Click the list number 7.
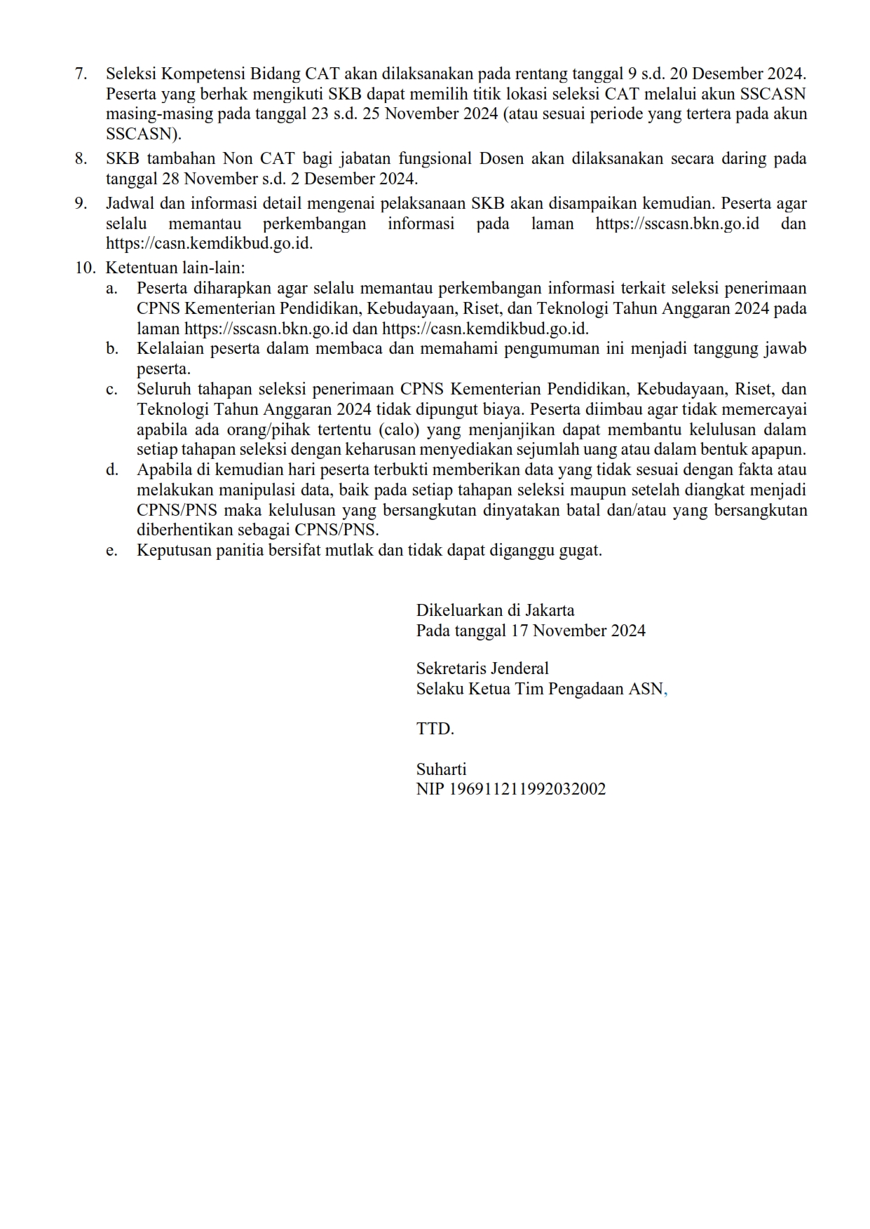[x=81, y=74]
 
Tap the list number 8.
[x=81, y=158]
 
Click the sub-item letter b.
[x=112, y=349]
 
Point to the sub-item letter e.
[x=112, y=551]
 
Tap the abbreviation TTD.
[x=435, y=729]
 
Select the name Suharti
[x=441, y=769]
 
